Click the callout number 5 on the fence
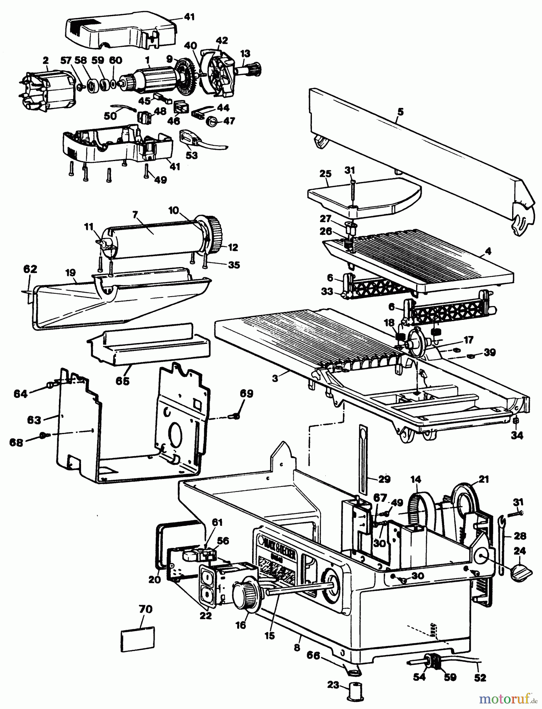click(x=400, y=112)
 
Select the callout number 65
click(x=122, y=381)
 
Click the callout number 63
click(x=34, y=420)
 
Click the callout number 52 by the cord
click(x=481, y=677)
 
